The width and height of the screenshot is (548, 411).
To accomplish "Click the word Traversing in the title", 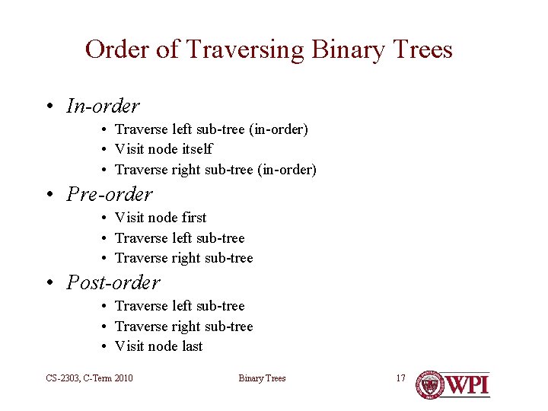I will [x=244, y=50].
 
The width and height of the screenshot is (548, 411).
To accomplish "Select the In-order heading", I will [x=103, y=106].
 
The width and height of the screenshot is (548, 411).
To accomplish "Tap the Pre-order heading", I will [x=110, y=194].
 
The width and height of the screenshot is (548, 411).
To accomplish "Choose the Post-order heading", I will [x=113, y=282].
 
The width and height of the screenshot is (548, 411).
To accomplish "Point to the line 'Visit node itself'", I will [x=163, y=149].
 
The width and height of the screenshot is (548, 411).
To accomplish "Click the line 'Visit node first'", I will [x=160, y=218].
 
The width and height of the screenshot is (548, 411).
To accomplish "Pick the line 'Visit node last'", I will [x=158, y=346].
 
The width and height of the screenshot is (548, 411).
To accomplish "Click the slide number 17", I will [x=400, y=378].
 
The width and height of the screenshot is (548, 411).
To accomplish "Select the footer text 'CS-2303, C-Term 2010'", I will [x=88, y=378].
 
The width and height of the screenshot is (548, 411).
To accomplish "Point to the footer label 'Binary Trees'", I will [x=262, y=378].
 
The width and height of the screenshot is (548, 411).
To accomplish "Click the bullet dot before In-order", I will [x=48, y=107].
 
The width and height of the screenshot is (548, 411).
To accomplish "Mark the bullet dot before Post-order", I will [x=48, y=283].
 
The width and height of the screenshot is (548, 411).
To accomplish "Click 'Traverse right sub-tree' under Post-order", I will [x=183, y=327].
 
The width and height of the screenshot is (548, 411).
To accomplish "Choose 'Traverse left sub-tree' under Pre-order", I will [x=180, y=238].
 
